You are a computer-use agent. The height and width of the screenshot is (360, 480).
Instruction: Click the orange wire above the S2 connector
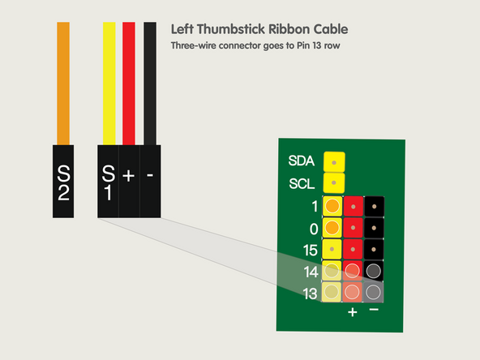pyautogui.click(x=64, y=81)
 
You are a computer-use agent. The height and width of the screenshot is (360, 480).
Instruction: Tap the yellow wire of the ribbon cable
pyautogui.click(x=109, y=81)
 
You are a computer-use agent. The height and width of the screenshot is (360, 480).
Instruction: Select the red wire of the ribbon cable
pyautogui.click(x=129, y=81)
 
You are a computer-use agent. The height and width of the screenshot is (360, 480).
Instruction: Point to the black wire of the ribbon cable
pyautogui.click(x=150, y=81)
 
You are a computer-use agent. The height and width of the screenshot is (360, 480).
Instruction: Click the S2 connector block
pyautogui.click(x=64, y=182)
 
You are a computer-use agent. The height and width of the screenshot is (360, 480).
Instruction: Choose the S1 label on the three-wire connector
pyautogui.click(x=108, y=182)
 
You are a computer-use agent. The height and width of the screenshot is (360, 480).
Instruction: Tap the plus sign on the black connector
pyautogui.click(x=129, y=174)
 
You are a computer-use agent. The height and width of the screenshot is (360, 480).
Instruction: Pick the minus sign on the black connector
pyautogui.click(x=151, y=174)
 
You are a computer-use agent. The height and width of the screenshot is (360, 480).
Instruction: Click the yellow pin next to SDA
pyautogui.click(x=333, y=162)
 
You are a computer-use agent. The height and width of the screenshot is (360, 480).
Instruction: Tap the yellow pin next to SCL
pyautogui.click(x=333, y=184)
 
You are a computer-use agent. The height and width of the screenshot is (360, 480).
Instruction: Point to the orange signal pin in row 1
pyautogui.click(x=332, y=207)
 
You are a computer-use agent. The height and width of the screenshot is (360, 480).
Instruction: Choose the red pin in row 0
pyautogui.click(x=354, y=229)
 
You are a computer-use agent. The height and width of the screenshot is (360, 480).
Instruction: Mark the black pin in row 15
pyautogui.click(x=374, y=250)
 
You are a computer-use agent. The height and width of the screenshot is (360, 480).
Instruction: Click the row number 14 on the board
pyautogui.click(x=309, y=272)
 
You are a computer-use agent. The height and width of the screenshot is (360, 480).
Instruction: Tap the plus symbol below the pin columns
pyautogui.click(x=353, y=311)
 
